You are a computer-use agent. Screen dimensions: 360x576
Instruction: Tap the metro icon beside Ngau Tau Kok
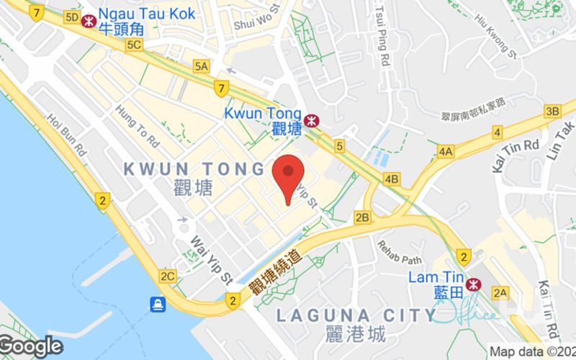(x=89, y=21)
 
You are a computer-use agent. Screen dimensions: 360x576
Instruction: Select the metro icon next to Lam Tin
(x=473, y=284)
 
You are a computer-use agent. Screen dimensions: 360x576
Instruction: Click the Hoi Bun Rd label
(x=67, y=133)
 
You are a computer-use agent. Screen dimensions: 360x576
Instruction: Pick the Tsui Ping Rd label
(x=382, y=32)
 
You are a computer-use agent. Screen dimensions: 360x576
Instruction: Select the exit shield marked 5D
(x=71, y=17)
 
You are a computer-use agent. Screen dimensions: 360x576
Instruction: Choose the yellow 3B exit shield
(x=552, y=111)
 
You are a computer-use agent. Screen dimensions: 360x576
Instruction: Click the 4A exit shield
(x=446, y=151)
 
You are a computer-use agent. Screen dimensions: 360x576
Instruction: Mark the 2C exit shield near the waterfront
(x=168, y=275)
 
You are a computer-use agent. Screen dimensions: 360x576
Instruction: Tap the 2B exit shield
(x=362, y=217)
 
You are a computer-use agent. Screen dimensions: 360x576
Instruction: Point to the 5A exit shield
(x=201, y=67)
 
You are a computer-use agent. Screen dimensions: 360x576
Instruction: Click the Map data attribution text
(x=532, y=352)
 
